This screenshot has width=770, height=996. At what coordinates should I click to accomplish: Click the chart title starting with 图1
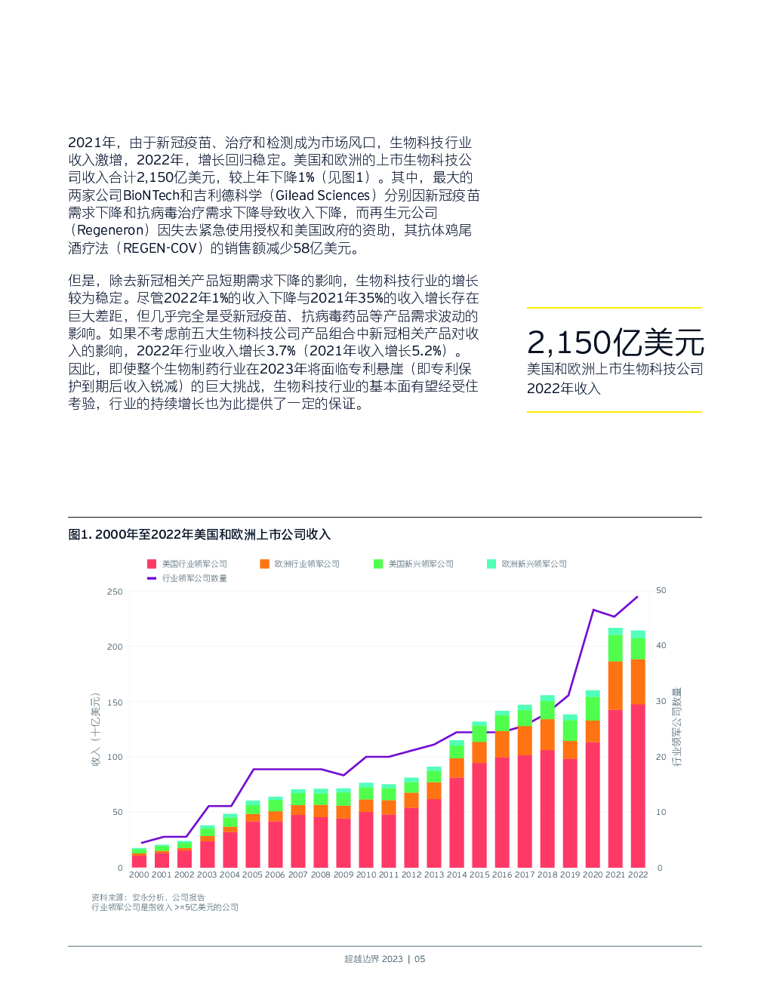point(199,534)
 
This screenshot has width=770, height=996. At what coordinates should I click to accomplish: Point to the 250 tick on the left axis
point(115,592)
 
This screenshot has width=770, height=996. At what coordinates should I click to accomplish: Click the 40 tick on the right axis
point(661,645)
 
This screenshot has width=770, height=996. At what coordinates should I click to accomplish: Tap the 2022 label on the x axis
point(638,875)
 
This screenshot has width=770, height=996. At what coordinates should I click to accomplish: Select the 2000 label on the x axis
point(139,875)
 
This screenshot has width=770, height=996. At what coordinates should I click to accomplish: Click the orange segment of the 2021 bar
point(615,685)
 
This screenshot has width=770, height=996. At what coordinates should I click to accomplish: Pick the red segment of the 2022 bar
point(638,785)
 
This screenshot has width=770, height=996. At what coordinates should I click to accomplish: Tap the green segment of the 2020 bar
point(593,708)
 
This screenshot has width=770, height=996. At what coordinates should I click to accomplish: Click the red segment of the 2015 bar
point(479,815)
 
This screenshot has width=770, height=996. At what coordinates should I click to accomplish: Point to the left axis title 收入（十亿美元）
point(96,729)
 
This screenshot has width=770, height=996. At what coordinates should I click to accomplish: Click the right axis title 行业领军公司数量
point(677,726)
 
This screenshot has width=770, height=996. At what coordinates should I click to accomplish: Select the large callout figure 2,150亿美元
point(615,343)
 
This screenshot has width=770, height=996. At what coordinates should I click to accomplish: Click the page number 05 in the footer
point(420,959)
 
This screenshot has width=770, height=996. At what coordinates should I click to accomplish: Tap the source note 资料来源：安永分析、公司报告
point(148,897)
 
